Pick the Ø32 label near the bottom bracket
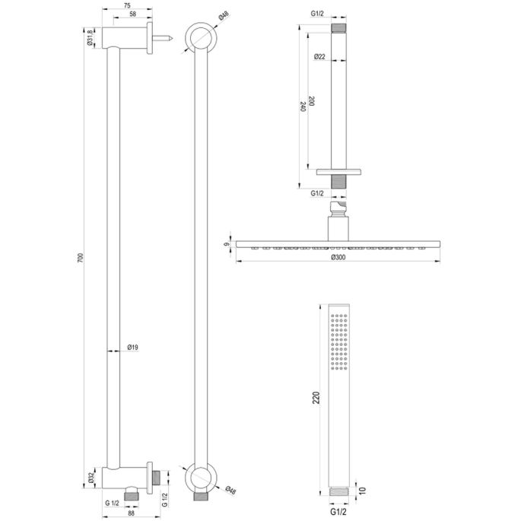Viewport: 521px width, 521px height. pyautogui.click(x=90, y=479)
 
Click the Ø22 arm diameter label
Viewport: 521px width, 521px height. pyautogui.click(x=319, y=57)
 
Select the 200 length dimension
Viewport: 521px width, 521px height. pyautogui.click(x=320, y=103)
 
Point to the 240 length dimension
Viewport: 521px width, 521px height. pyautogui.click(x=302, y=106)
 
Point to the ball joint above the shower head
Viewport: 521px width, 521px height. pyautogui.click(x=338, y=206)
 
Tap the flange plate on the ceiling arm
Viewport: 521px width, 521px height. pyautogui.click(x=338, y=172)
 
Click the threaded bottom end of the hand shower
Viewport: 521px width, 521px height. pyautogui.click(x=338, y=492)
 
